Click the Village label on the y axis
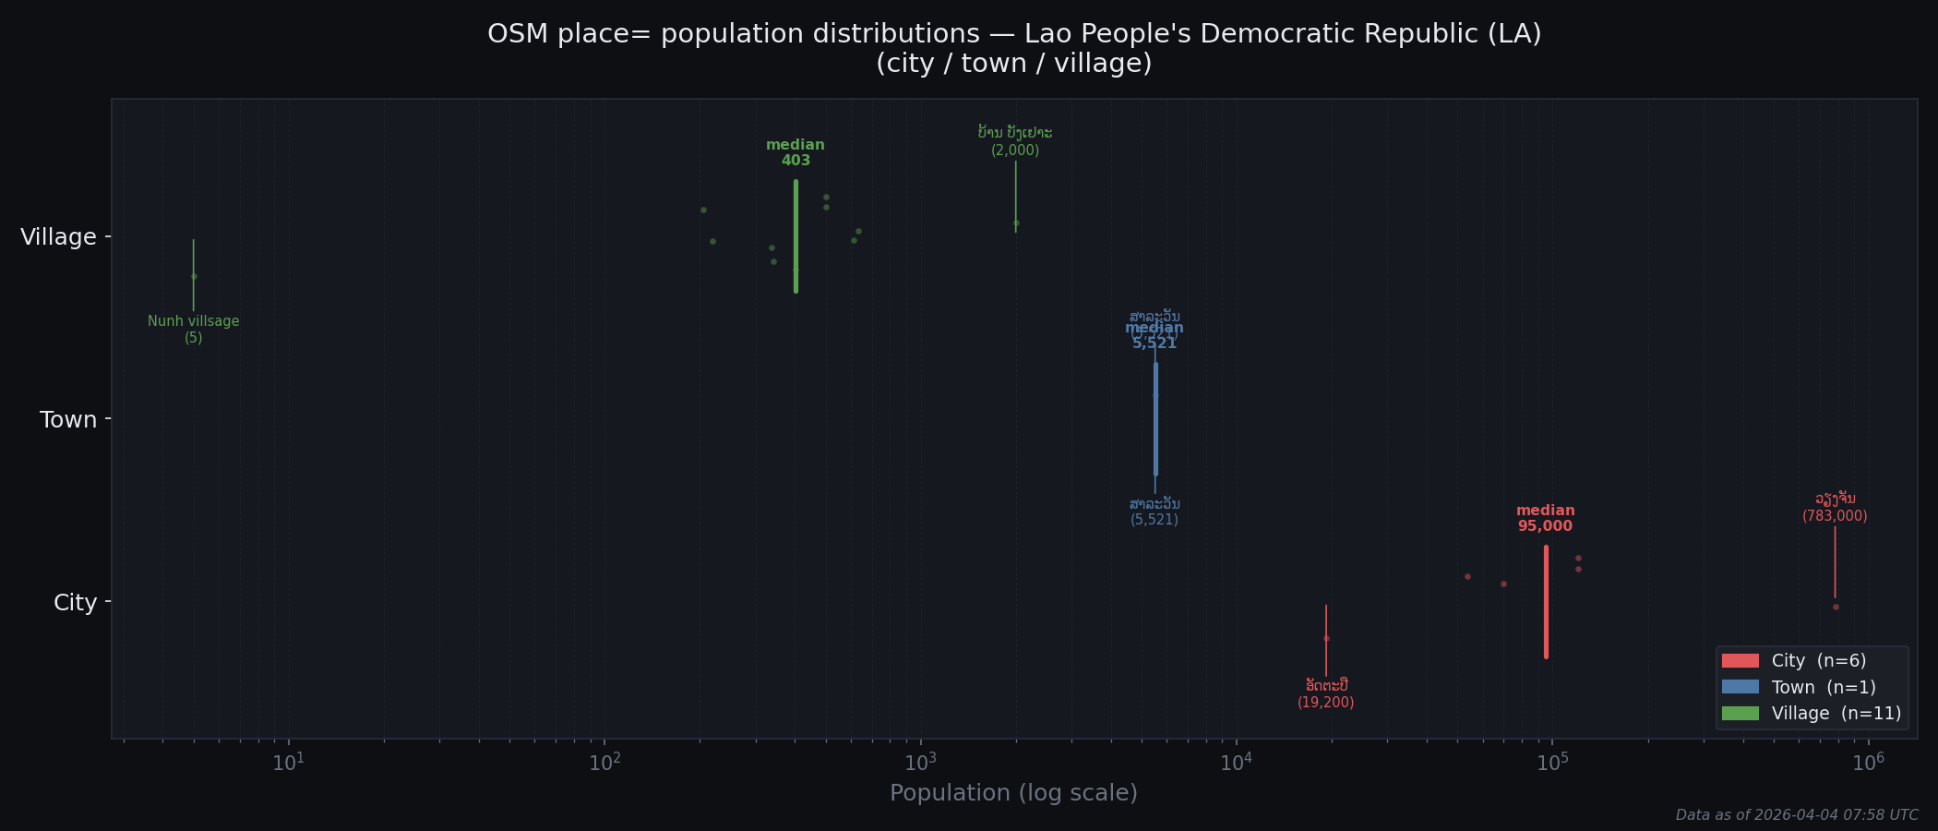(58, 237)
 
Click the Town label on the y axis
(68, 420)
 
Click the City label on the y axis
(75, 603)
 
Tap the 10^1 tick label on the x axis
(289, 763)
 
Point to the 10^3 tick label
(920, 763)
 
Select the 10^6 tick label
(1868, 763)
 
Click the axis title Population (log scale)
(1013, 793)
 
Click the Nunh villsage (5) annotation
(194, 330)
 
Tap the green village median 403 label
(796, 153)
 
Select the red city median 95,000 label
(1545, 519)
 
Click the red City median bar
(1546, 602)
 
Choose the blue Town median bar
(1155, 419)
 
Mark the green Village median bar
(796, 236)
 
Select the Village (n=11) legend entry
(1809, 714)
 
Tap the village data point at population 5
(194, 276)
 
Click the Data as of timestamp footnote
(1796, 815)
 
